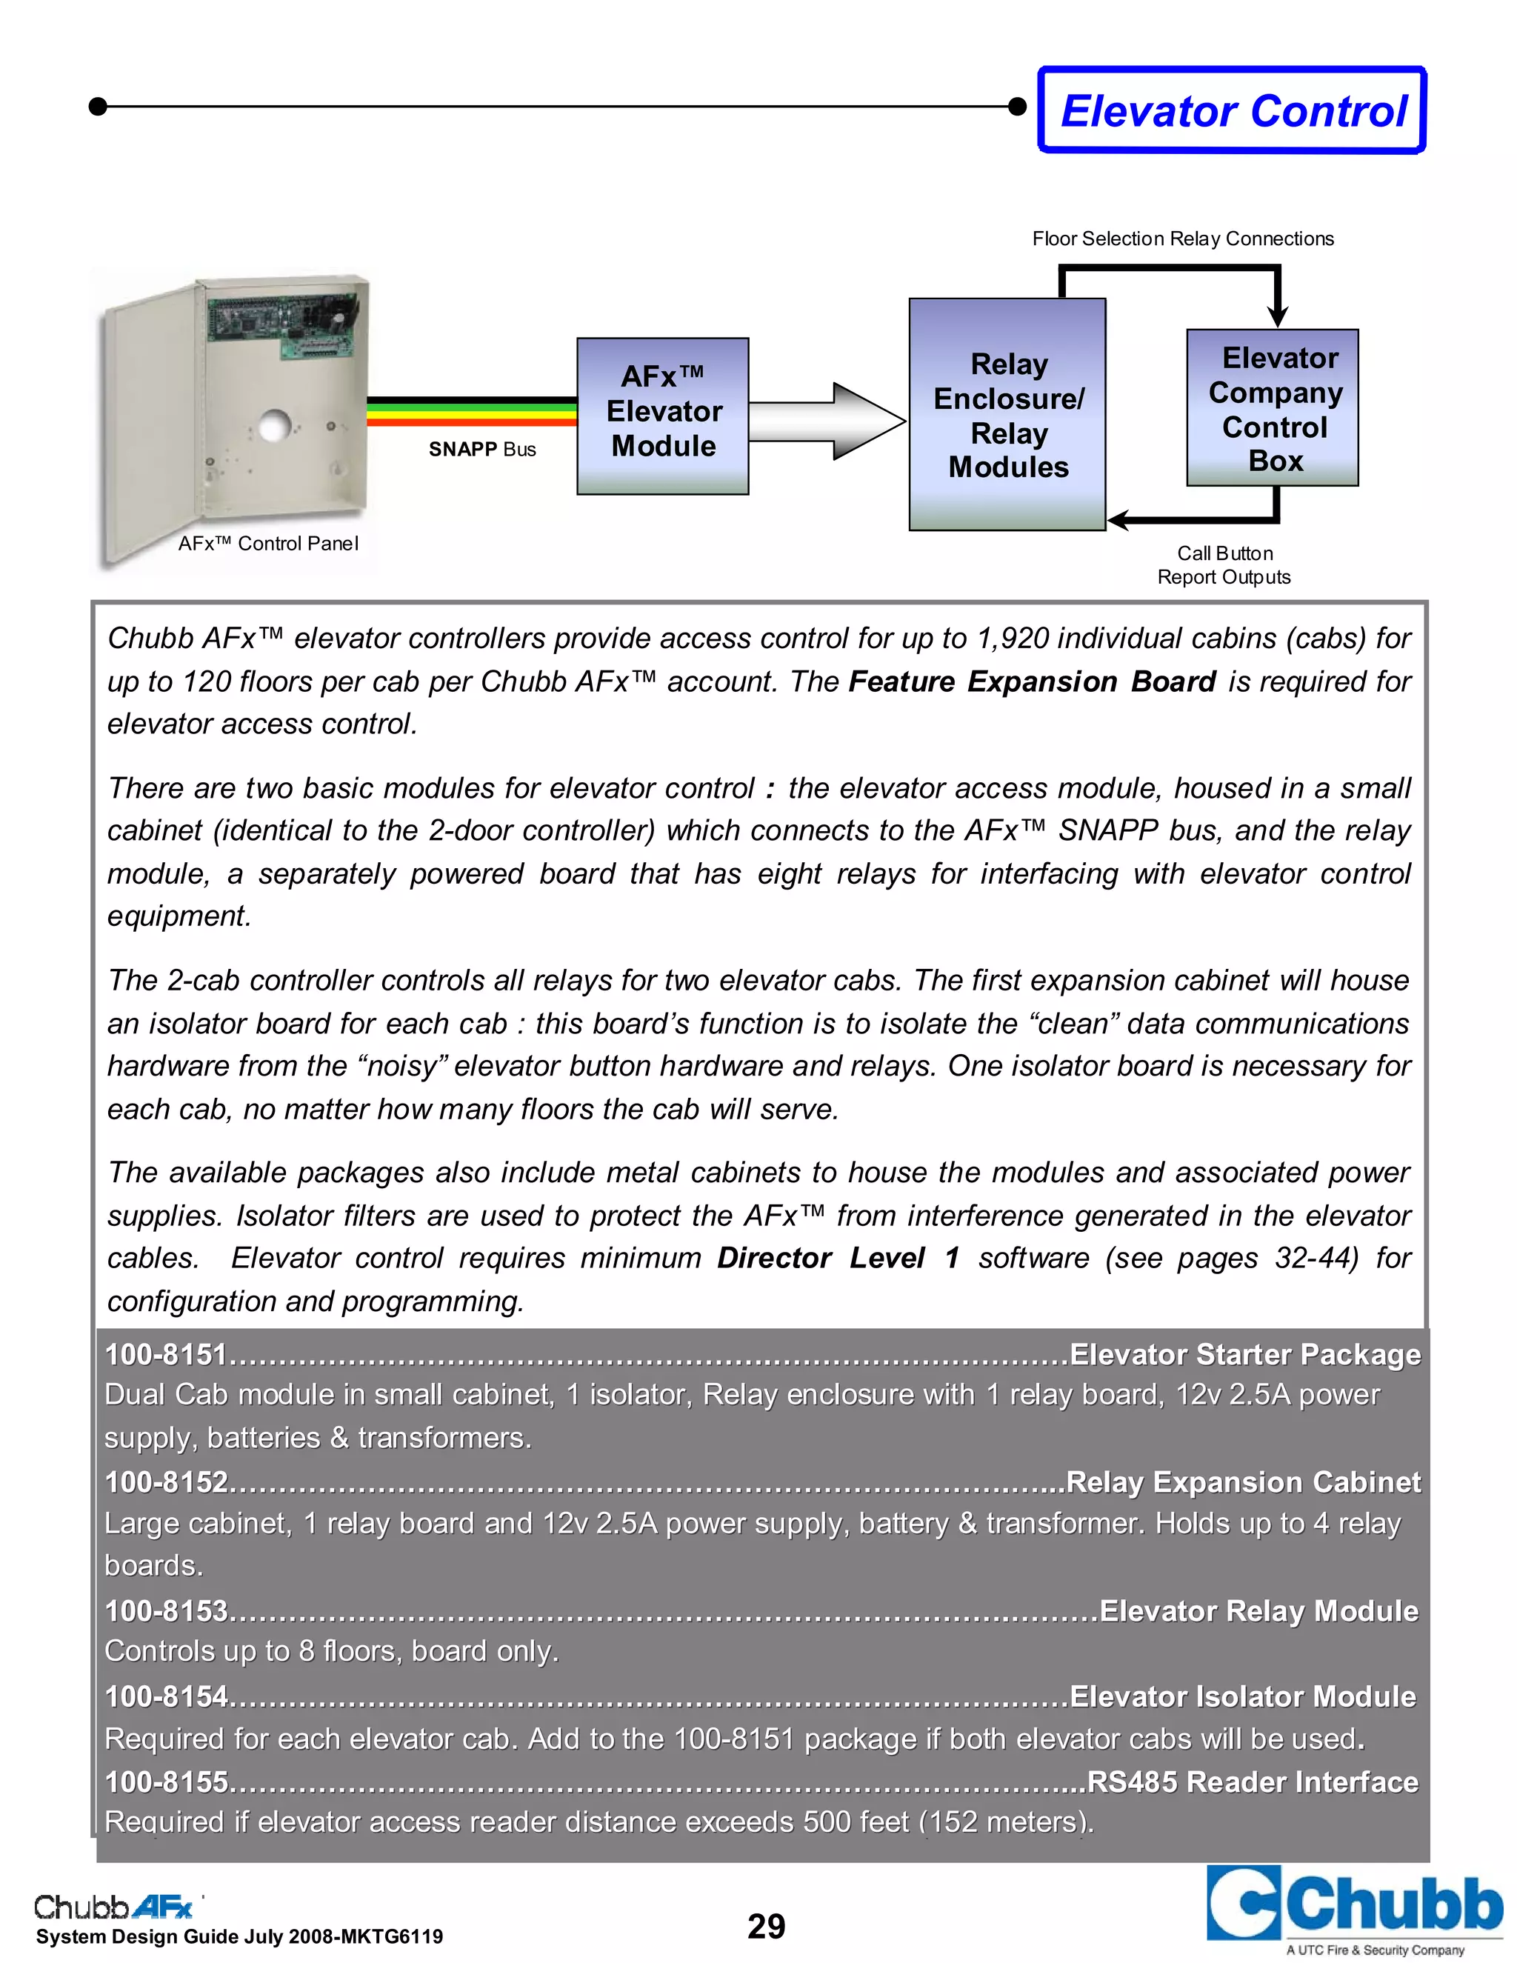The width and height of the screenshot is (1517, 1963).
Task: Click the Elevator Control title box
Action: (1232, 110)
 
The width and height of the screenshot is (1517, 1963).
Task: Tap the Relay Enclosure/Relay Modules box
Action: (1007, 414)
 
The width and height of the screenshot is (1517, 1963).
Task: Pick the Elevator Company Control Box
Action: (1273, 408)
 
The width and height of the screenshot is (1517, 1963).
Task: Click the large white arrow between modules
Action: (827, 421)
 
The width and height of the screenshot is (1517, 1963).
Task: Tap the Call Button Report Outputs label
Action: (1223, 565)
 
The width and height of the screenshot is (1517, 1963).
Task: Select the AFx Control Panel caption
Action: (268, 544)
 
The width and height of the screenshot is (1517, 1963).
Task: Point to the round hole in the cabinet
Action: (275, 425)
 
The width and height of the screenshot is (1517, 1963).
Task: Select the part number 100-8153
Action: (166, 1610)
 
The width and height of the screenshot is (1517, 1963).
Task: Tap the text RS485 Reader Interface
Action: (1252, 1782)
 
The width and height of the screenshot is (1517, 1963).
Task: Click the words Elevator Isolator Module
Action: (1242, 1696)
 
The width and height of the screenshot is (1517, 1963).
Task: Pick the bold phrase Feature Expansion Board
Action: (1032, 682)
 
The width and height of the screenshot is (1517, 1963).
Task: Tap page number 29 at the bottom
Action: (766, 1926)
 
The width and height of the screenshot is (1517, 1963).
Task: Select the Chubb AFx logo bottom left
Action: (113, 1907)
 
